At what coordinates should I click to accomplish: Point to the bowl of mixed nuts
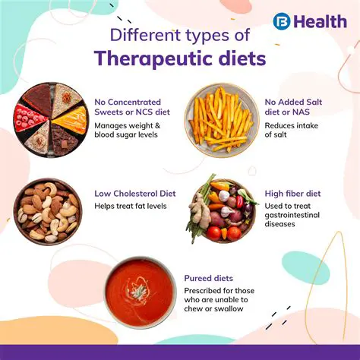[x=47, y=210]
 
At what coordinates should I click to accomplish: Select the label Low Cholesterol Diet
[x=135, y=194]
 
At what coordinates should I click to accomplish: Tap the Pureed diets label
[x=209, y=278]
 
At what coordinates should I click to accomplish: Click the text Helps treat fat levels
[x=130, y=206]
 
